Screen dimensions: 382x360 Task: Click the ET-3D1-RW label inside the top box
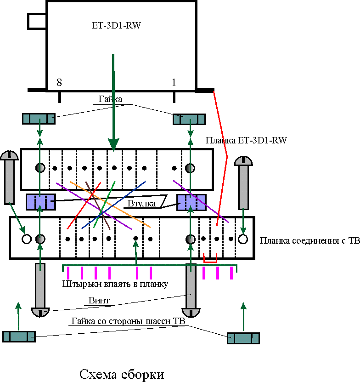(116, 26)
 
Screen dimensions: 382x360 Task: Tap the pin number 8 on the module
(59, 83)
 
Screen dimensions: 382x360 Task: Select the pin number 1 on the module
(174, 83)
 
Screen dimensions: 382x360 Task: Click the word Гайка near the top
(110, 99)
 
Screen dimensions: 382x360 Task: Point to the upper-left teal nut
(39, 119)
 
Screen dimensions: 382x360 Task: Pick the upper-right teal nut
(189, 119)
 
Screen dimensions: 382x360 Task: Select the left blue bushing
(40, 201)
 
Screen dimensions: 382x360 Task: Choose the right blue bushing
(191, 202)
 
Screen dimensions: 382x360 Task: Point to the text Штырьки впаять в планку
(115, 284)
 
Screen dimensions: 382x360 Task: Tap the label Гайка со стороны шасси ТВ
(128, 321)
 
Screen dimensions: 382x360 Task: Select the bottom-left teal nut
(19, 336)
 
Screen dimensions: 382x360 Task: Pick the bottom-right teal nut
(243, 338)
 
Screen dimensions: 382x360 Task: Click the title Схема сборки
(122, 374)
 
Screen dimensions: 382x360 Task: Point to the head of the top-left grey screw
(9, 155)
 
